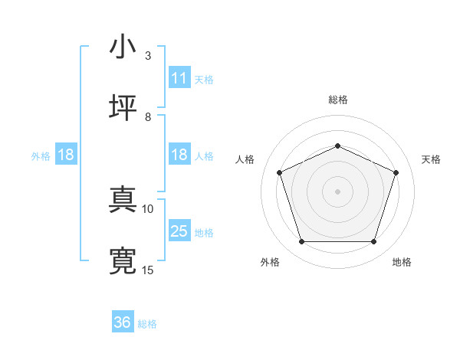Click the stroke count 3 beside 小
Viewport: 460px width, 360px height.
pyautogui.click(x=148, y=55)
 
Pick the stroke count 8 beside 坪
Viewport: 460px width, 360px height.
pyautogui.click(x=148, y=116)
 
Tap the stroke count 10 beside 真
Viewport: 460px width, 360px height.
pyautogui.click(x=148, y=208)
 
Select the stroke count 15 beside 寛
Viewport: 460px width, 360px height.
pyautogui.click(x=148, y=270)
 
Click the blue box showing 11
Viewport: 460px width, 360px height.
pyautogui.click(x=179, y=78)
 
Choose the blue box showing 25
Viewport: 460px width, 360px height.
pyautogui.click(x=179, y=231)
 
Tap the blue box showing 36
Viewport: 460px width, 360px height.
pyautogui.click(x=123, y=322)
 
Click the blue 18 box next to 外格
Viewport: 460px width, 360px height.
pyautogui.click(x=66, y=155)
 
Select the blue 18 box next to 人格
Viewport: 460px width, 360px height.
pyautogui.click(x=179, y=155)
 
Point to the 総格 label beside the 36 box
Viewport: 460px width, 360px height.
pyautogui.click(x=147, y=324)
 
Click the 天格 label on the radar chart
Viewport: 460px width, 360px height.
pyautogui.click(x=431, y=159)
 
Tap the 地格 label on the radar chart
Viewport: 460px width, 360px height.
pyautogui.click(x=402, y=262)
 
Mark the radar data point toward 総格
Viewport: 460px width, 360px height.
pyautogui.click(x=337, y=145)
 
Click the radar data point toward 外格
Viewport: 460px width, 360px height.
pyautogui.click(x=301, y=242)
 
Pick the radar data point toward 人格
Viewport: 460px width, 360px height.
pyautogui.click(x=279, y=172)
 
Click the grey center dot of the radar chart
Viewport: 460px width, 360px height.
pyautogui.click(x=337, y=191)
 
